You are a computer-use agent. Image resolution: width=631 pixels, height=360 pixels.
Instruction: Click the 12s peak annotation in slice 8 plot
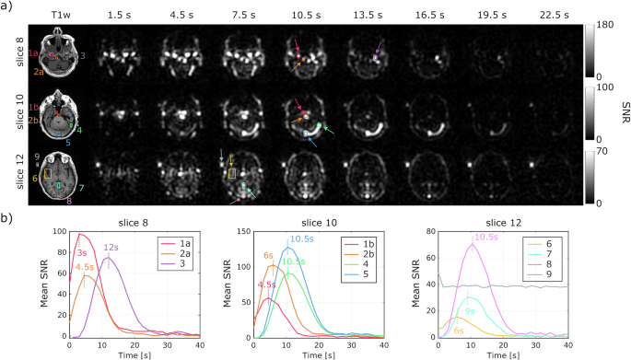111,248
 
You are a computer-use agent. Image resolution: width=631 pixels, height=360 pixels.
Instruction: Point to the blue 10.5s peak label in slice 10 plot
301,238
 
